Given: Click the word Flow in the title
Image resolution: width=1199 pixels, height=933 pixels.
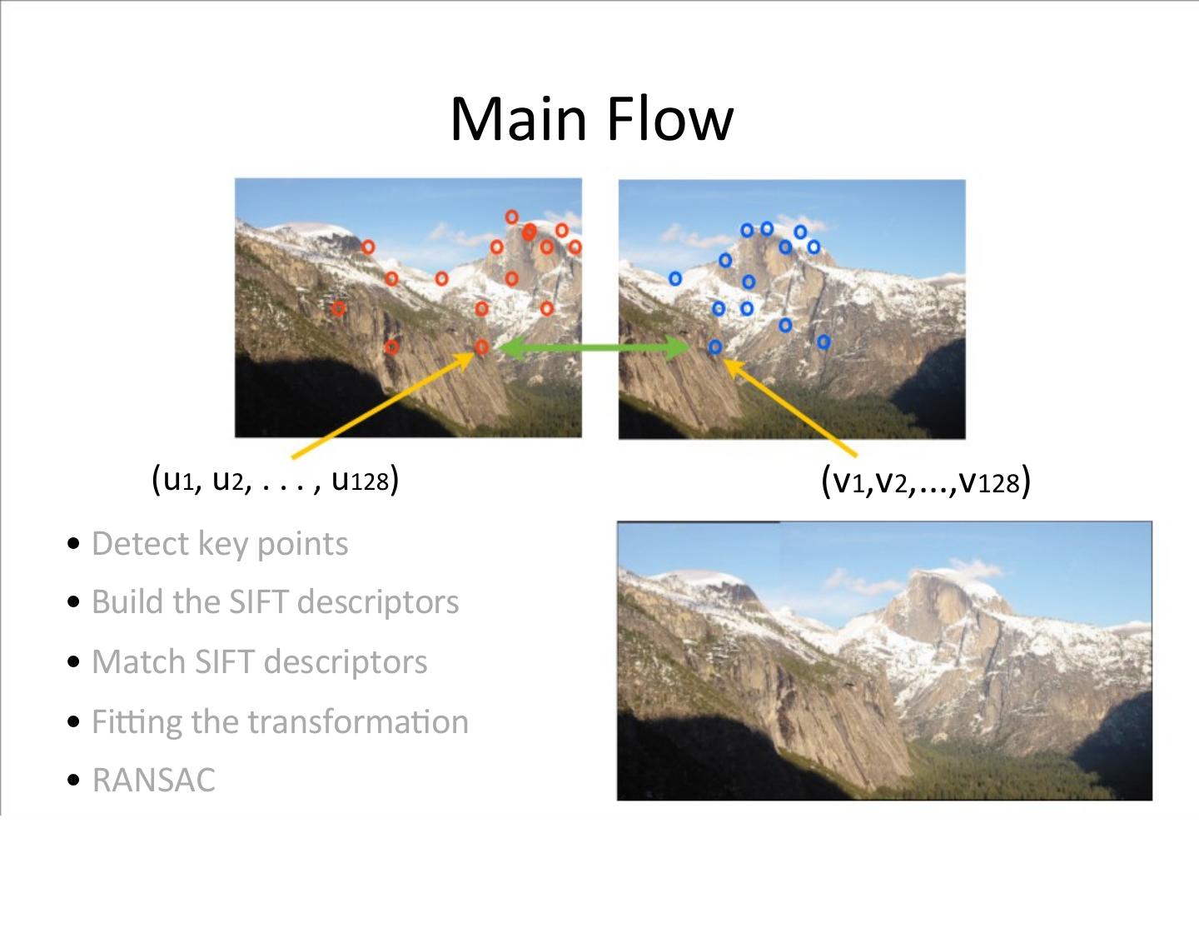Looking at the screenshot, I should click(669, 119).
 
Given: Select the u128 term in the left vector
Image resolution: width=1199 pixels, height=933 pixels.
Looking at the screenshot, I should click(361, 480).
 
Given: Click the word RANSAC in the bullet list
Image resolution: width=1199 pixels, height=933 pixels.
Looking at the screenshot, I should click(153, 781).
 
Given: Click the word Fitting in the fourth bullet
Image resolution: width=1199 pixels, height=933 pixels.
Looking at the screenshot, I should click(137, 722).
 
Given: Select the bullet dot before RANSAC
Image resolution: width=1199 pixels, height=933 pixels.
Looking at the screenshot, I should click(75, 781).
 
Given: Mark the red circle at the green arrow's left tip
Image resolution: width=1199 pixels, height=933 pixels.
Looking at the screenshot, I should click(481, 347).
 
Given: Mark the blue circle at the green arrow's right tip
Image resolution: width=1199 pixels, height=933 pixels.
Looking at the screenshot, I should click(715, 347).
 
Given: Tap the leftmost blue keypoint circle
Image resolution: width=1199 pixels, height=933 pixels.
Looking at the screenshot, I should click(675, 278).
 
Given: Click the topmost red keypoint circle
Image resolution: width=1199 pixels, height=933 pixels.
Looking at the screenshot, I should click(512, 217).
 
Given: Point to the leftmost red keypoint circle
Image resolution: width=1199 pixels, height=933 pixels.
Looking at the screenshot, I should click(339, 309).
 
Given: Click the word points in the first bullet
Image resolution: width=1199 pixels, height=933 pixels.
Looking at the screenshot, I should click(302, 544).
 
